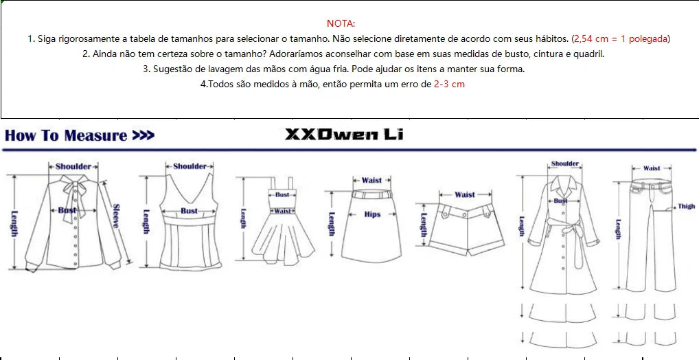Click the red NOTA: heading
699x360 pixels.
click(341, 23)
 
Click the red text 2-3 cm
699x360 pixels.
click(449, 84)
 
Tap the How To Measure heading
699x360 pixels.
click(65, 135)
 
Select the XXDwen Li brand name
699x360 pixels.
click(344, 134)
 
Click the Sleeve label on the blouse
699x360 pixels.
click(116, 216)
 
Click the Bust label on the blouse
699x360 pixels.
click(67, 210)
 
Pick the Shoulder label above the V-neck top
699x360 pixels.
click(190, 166)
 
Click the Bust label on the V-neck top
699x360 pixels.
click(189, 211)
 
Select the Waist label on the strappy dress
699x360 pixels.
click(282, 211)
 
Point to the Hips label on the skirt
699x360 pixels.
click(372, 214)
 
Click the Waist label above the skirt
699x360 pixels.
click(371, 180)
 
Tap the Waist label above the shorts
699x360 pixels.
click(465, 194)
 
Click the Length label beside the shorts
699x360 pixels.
click(424, 225)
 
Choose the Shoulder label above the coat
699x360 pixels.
click(565, 164)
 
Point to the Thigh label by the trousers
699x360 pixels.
click(687, 207)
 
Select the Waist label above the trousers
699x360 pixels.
click(652, 168)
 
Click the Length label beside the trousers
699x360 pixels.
click(618, 229)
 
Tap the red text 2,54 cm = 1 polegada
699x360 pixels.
click(621, 38)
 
